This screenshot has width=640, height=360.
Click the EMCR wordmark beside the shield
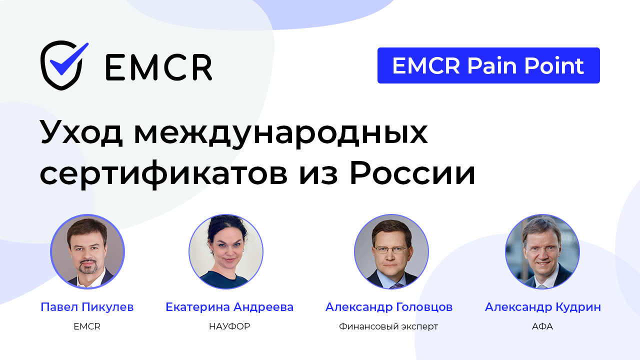coord(158,66)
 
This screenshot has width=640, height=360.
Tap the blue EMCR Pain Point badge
coord(488,65)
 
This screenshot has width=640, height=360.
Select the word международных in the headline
coord(280,133)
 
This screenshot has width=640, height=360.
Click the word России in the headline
coord(412,173)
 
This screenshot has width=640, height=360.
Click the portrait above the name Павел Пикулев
coord(87,251)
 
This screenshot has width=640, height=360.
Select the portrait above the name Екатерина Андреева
coord(226,251)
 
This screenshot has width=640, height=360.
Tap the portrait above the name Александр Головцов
coord(391,251)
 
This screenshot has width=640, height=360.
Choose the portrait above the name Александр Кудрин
coord(542,251)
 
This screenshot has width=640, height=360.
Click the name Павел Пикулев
coord(87,307)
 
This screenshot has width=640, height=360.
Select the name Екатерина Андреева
coord(229,307)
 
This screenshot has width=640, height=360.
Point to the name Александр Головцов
coord(389,307)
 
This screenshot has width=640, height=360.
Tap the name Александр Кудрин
coord(543,307)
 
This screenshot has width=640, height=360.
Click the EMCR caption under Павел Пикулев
coord(87,326)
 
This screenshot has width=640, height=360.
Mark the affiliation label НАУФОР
coord(229,326)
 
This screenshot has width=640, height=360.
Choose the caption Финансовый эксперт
coord(388,326)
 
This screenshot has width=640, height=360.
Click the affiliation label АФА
coord(542,326)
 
